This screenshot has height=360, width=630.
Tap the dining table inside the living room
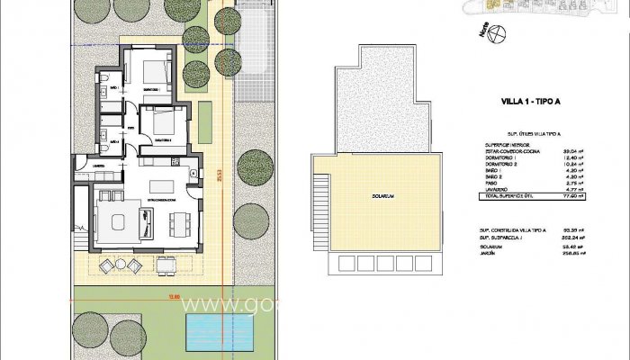coord(179,219)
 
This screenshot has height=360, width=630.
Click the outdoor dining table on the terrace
coord(166,265)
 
